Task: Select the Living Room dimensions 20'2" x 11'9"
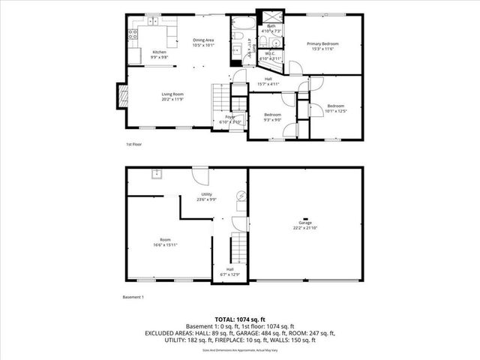172,99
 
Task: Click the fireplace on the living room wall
121,94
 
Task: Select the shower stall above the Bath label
271,18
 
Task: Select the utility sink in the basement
157,175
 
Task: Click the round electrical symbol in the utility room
241,195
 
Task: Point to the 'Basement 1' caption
133,298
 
